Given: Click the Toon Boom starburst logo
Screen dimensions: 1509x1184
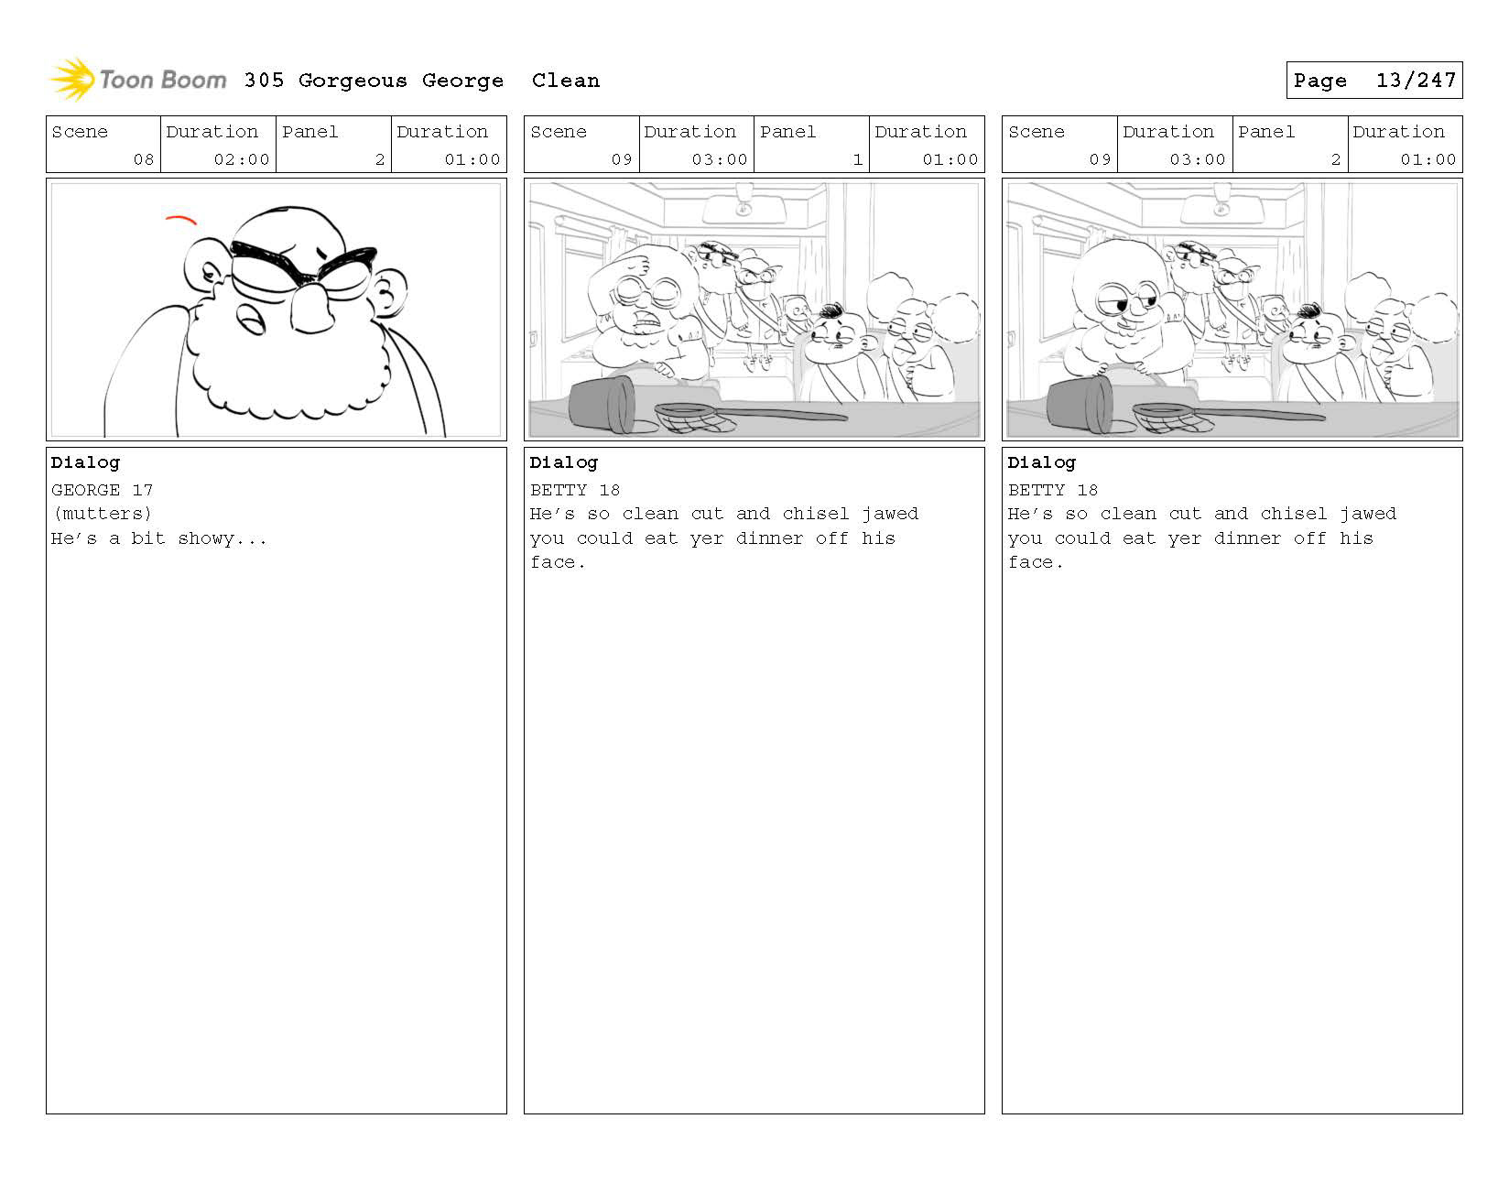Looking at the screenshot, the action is click(x=72, y=79).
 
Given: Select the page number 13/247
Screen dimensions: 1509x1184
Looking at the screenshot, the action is click(x=1416, y=81).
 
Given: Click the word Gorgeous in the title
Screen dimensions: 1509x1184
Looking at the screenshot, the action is click(x=353, y=81).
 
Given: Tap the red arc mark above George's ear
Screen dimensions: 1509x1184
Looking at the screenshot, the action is click(x=181, y=220).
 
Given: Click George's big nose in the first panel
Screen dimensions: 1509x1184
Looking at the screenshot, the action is click(x=312, y=309).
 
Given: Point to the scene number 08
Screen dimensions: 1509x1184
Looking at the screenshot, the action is click(x=144, y=159).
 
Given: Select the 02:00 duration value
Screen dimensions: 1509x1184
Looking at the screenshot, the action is click(x=242, y=159).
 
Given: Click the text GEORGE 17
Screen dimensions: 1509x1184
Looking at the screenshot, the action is click(x=102, y=490).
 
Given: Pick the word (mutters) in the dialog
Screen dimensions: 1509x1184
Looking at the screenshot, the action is click(x=102, y=514).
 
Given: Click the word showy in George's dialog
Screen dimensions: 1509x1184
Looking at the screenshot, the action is click(x=206, y=538).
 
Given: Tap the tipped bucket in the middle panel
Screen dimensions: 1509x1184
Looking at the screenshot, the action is click(x=603, y=404).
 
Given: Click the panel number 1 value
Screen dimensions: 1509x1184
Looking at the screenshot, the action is click(x=858, y=159).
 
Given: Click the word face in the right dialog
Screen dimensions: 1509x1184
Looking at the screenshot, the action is click(x=1031, y=562).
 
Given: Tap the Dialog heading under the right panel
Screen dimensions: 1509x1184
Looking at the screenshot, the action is click(x=1042, y=463).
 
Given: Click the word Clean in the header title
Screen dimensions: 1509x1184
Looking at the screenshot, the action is click(x=566, y=81).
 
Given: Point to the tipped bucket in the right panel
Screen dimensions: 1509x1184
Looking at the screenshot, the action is click(x=1080, y=404).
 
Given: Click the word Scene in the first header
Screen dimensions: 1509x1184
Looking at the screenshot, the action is click(x=80, y=132).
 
